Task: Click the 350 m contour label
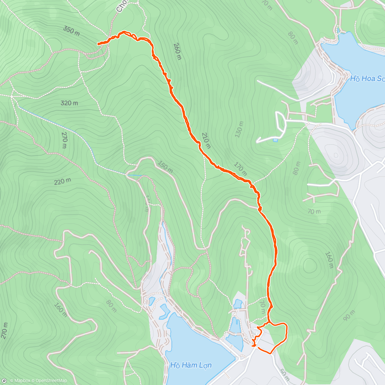[x=71, y=31]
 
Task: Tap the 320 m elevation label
[x=69, y=103]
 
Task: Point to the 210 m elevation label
[x=206, y=141]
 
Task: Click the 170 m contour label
[x=240, y=169]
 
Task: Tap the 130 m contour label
[x=240, y=129]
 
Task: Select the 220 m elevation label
[x=62, y=182]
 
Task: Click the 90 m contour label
[x=349, y=315]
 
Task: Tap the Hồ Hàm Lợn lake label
[x=191, y=365]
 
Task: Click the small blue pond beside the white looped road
[x=275, y=140]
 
